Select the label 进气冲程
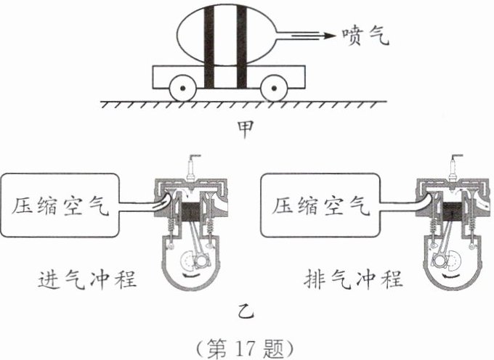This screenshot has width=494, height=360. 87,279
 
